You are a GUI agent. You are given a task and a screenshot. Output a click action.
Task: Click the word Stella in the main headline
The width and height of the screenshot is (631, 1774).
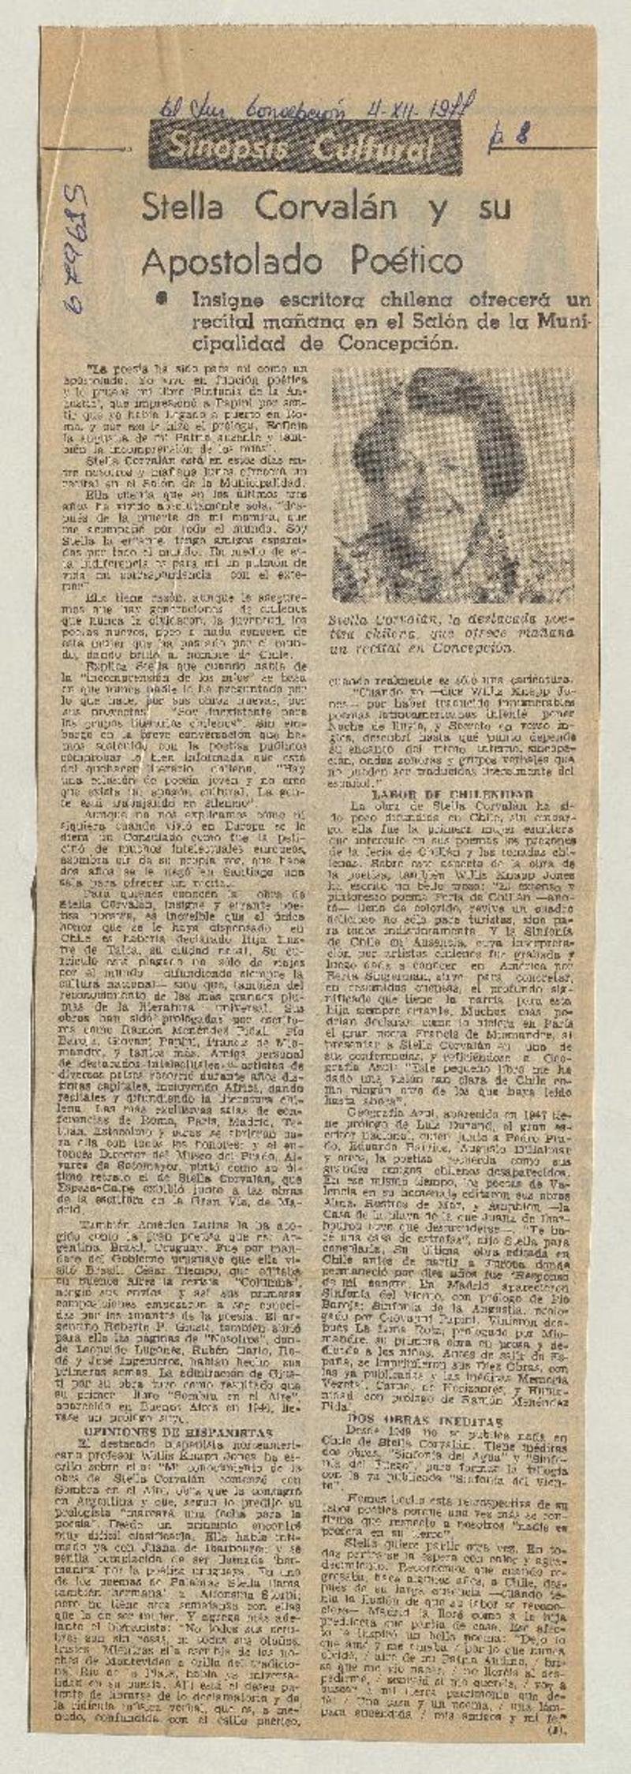pos(180,209)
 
